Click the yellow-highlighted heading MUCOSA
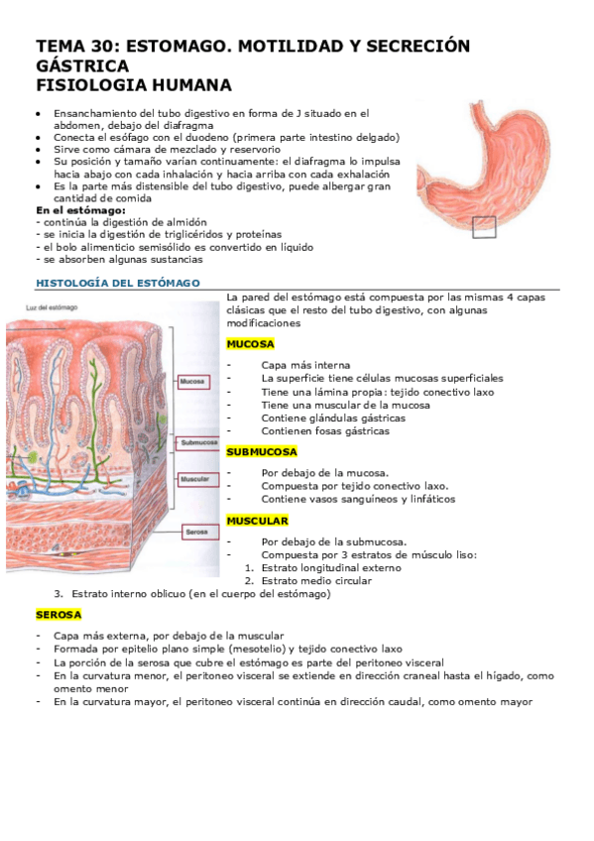coord(250,344)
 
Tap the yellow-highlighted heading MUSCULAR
coord(257,521)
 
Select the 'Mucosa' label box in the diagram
coord(192,380)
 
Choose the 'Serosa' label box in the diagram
coord(194,533)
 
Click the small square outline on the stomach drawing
coord(483,226)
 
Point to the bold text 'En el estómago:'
coord(80,210)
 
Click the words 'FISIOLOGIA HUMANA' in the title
coord(134,85)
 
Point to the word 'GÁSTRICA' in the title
coord(82,65)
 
